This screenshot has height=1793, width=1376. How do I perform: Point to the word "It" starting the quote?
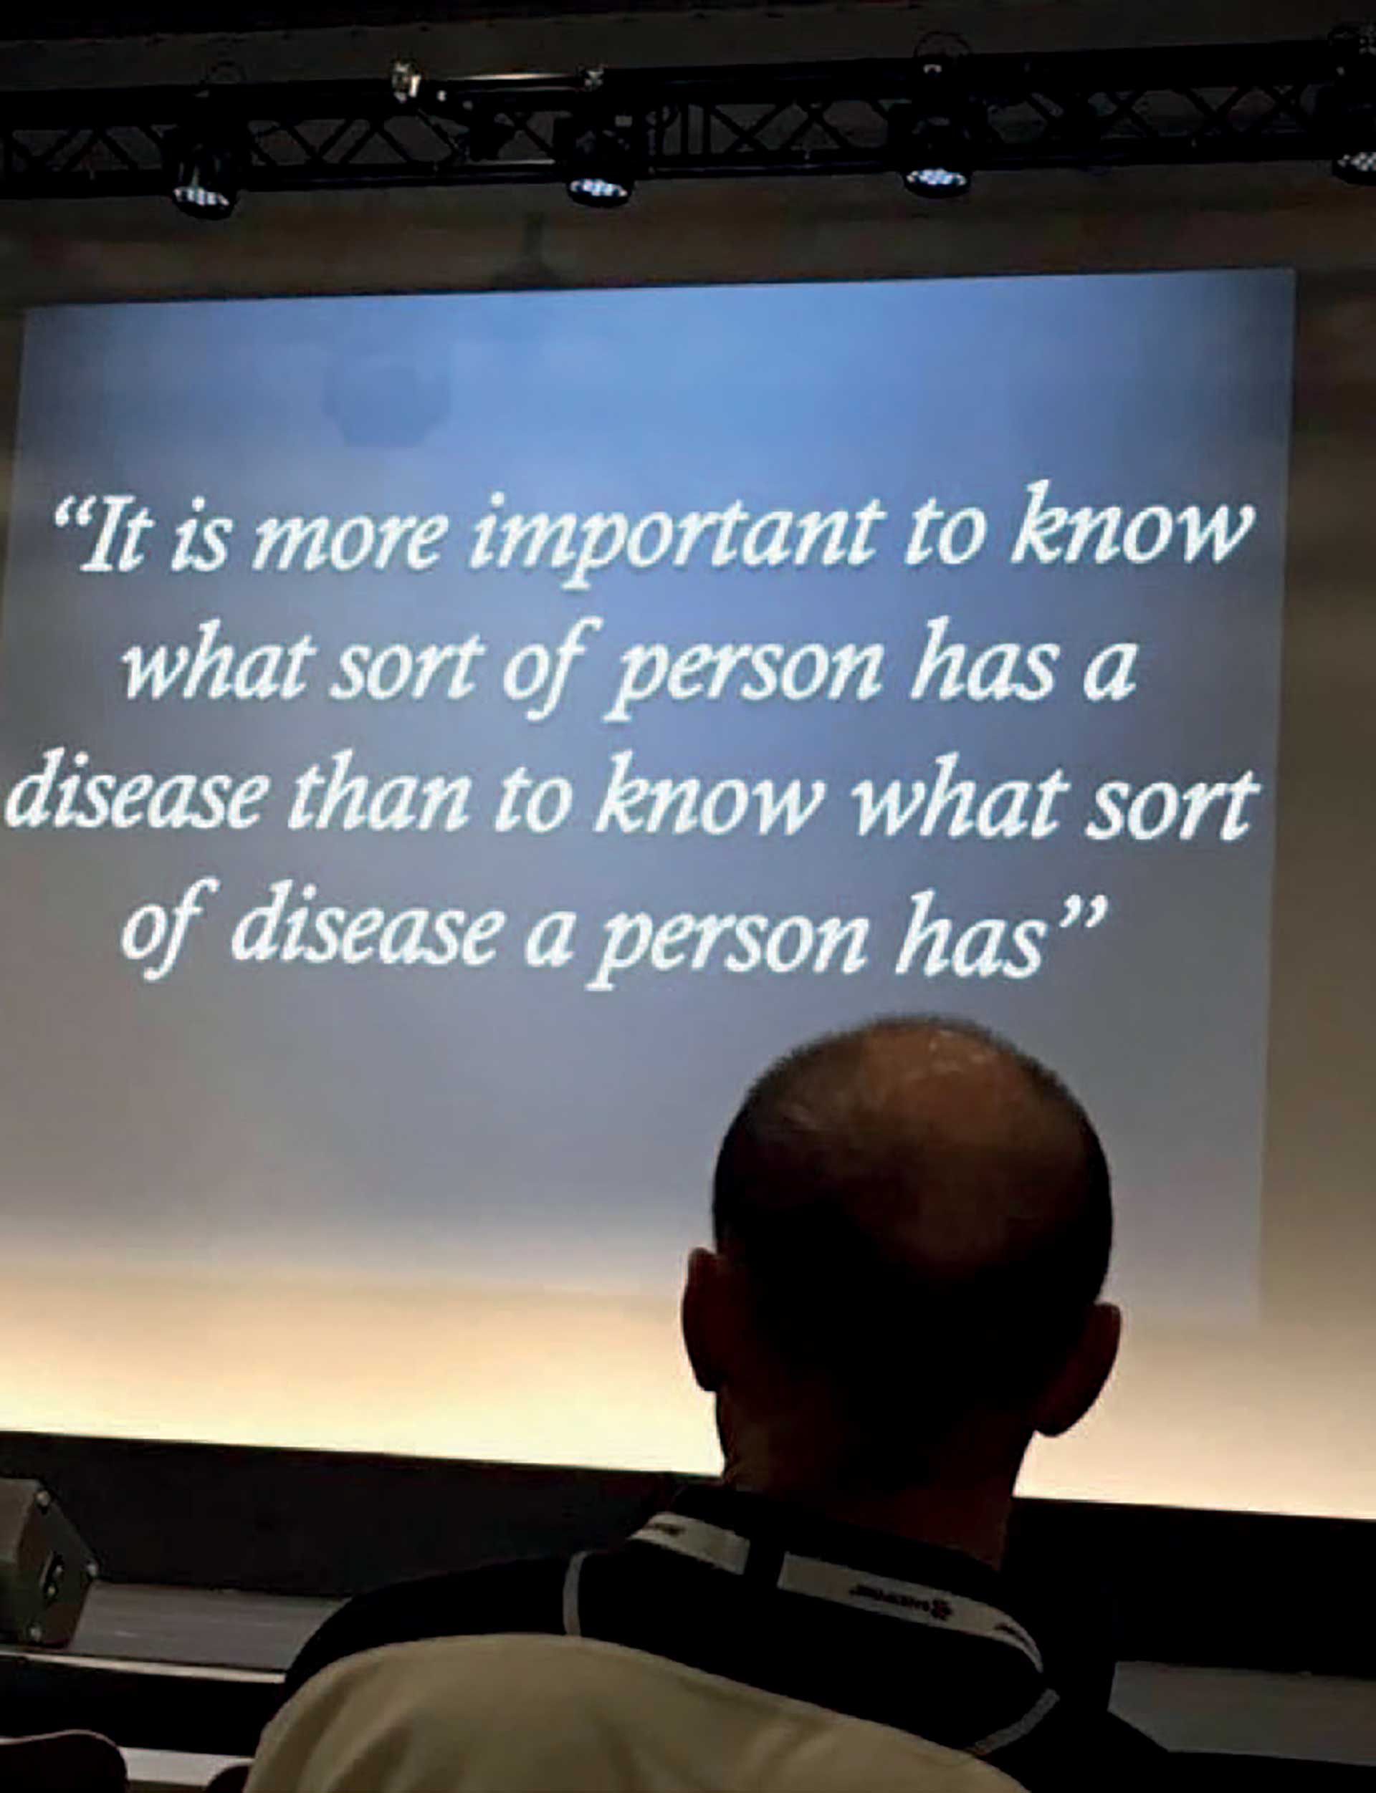click(x=123, y=539)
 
